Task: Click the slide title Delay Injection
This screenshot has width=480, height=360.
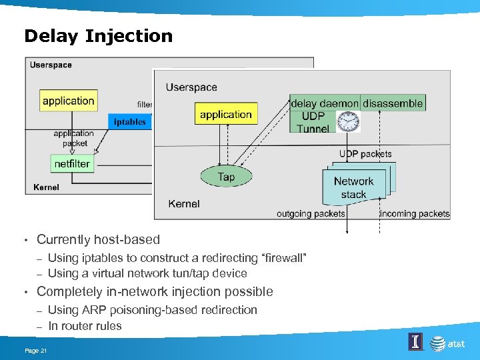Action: (98, 36)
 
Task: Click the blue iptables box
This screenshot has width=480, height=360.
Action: (129, 121)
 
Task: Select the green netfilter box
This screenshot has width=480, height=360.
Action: (72, 163)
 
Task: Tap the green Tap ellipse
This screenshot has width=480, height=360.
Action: (226, 177)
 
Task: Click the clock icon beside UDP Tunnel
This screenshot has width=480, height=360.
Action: (348, 121)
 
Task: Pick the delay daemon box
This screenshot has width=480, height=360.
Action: (325, 103)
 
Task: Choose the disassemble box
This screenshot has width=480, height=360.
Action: (393, 103)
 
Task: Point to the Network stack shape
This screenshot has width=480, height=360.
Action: (354, 187)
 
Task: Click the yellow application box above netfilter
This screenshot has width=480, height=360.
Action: (68, 101)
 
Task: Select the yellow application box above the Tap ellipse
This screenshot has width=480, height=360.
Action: (225, 115)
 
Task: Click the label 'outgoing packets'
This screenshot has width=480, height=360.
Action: (311, 214)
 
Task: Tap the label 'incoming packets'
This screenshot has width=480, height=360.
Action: (414, 214)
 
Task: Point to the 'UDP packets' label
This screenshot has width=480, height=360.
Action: (365, 154)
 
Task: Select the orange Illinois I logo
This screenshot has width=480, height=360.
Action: (415, 342)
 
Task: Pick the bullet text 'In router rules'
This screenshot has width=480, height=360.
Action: (85, 326)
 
